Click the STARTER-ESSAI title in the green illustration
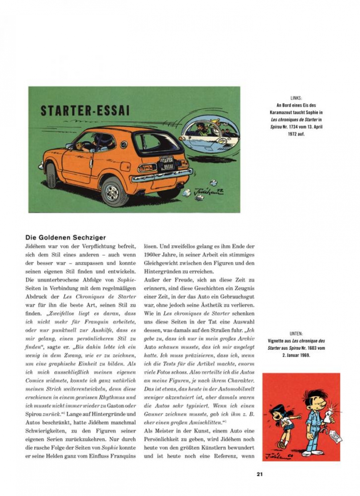pos(85,110)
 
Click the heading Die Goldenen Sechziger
pos(66,237)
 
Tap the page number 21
pos(260,474)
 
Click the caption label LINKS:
pos(296,98)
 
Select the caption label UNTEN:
pos(296,334)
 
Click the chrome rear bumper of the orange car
pos(162,175)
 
